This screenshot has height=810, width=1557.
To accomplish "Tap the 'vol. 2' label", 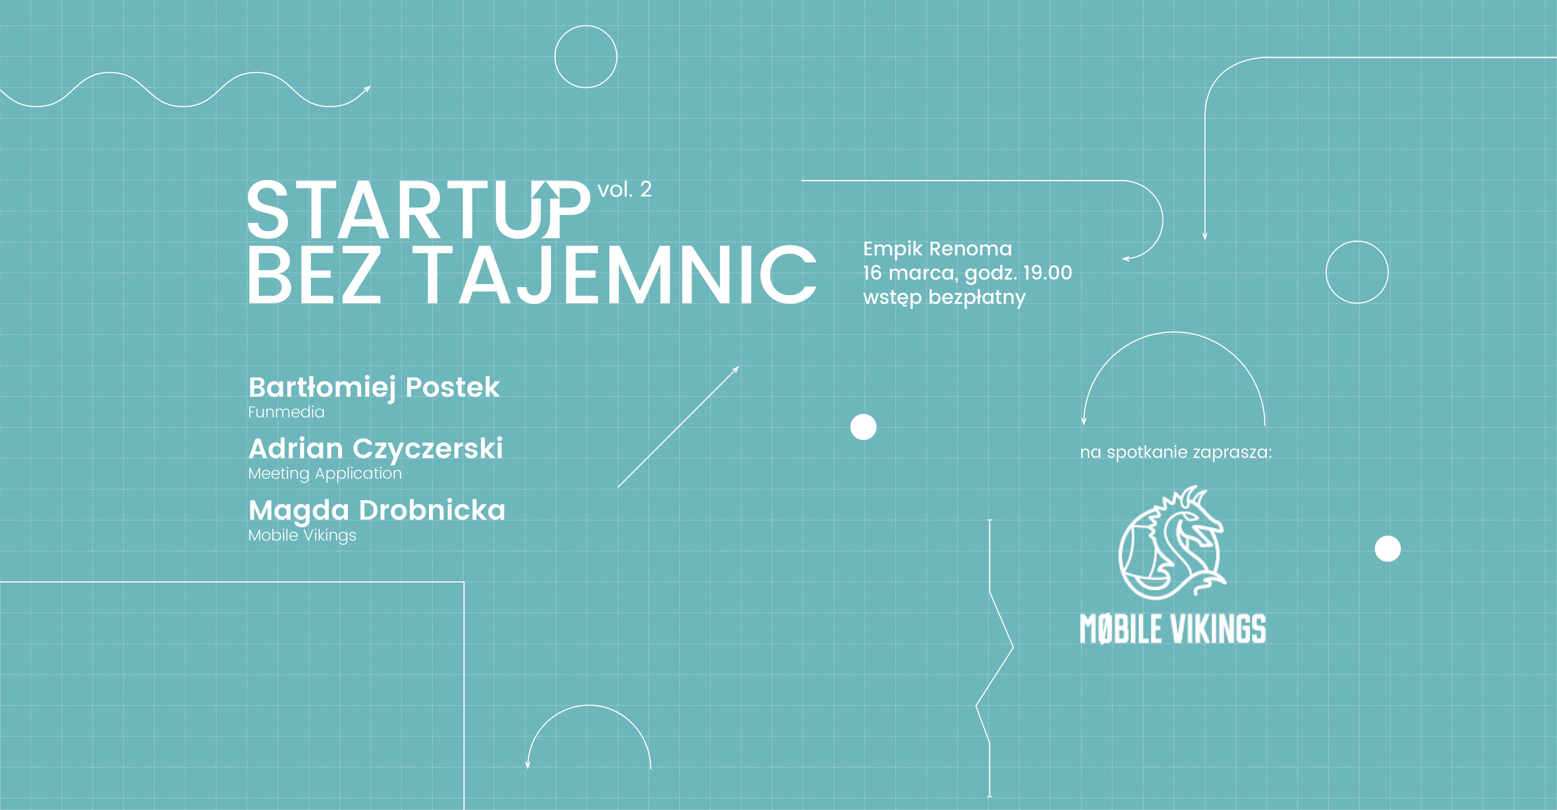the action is [x=624, y=190].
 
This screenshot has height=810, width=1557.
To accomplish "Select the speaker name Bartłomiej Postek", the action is [x=374, y=388].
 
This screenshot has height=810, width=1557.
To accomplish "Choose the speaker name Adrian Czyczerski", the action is [x=375, y=449].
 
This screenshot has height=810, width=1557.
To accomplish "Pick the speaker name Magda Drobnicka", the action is [x=377, y=511].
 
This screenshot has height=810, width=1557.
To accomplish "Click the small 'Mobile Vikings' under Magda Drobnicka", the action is [x=302, y=536].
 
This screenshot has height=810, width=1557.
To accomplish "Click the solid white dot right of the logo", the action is [x=1388, y=549].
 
